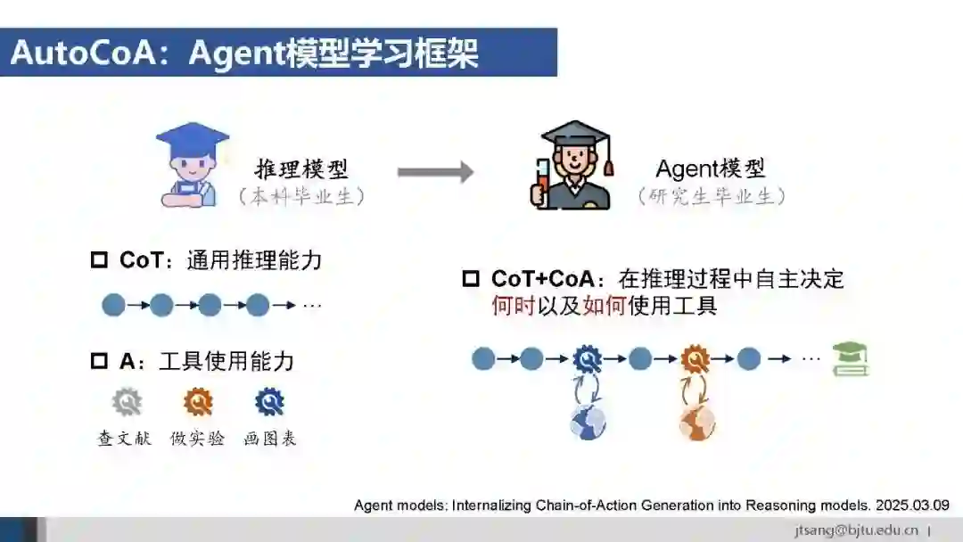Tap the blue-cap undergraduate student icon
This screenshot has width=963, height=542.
tap(191, 167)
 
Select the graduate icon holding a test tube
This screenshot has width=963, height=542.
tap(576, 167)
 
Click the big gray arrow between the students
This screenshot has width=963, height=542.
tap(434, 171)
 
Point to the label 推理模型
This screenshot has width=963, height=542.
tap(301, 168)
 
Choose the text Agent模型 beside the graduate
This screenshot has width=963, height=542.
tap(711, 168)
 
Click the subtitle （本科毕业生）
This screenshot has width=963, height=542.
tap(301, 198)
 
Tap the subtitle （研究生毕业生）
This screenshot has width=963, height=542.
tap(711, 198)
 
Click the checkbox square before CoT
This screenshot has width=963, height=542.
tap(99, 261)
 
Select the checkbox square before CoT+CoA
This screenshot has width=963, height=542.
tap(471, 279)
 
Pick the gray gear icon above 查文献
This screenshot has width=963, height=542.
tap(127, 402)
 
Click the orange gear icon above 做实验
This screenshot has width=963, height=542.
tap(198, 402)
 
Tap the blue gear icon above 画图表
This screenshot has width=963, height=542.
tap(268, 402)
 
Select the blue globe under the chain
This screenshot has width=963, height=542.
tap(588, 422)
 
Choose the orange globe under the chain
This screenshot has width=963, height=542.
tap(696, 422)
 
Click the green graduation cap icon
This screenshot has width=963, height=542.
tap(850, 358)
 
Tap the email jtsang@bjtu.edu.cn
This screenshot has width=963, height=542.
tap(857, 530)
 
